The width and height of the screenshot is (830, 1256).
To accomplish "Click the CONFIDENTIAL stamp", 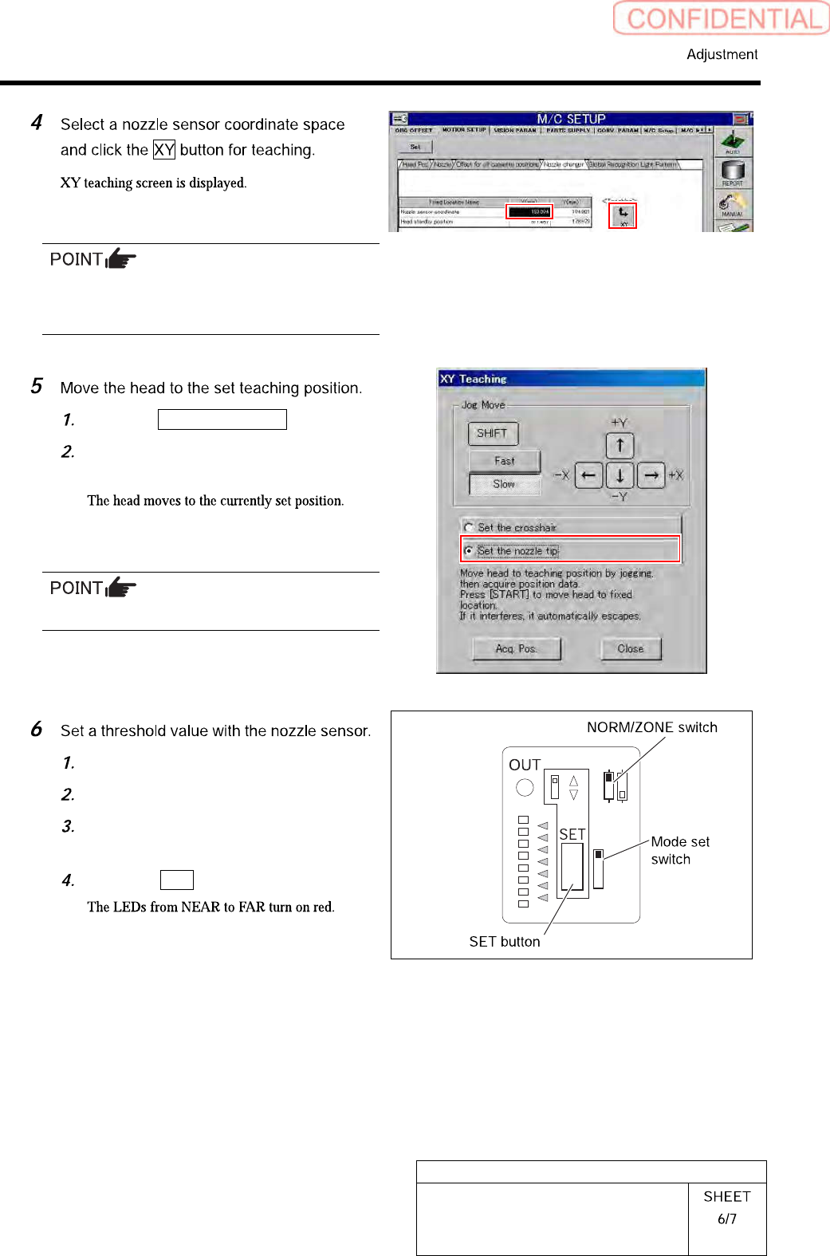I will tap(722, 18).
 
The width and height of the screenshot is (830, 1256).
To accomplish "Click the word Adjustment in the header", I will tap(722, 54).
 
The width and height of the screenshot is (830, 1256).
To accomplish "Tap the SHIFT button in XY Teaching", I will tap(493, 433).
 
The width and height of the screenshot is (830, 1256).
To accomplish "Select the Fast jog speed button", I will tap(504, 461).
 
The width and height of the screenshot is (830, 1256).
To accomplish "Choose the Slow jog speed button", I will tap(504, 484).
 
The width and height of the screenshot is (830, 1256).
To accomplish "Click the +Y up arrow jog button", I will tap(620, 446).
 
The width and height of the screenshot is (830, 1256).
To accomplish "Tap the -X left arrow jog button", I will tap(588, 475).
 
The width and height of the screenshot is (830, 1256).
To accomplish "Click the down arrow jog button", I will tap(620, 475).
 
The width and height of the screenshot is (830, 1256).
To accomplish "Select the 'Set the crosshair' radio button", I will tap(469, 527).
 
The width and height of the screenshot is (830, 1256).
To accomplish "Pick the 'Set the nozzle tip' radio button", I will tap(469, 550).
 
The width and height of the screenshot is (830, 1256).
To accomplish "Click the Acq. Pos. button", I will tap(516, 649).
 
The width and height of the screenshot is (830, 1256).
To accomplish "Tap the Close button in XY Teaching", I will tap(631, 649).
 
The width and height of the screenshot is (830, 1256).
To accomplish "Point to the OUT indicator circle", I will tap(525, 788).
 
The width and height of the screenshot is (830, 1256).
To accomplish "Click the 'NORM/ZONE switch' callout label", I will tap(651, 727).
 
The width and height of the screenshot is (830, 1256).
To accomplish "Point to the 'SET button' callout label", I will tap(504, 942).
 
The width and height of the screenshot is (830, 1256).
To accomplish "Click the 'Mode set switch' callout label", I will tap(679, 850).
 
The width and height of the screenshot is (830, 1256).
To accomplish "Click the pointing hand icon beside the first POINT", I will tap(121, 259).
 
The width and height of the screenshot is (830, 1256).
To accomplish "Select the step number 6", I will tap(37, 729).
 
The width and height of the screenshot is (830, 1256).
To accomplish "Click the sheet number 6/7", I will tap(726, 1219).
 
